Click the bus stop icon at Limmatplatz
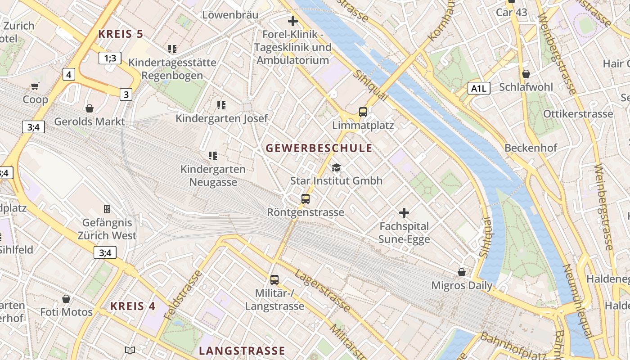coord(363,112)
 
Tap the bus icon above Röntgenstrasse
coord(306,198)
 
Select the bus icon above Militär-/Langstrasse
coord(274,279)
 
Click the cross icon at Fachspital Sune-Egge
coord(404,212)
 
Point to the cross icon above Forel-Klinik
coord(293,21)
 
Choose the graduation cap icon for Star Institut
coord(336,168)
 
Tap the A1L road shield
coord(478,88)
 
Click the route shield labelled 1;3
coord(110,58)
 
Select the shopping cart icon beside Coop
coord(35,86)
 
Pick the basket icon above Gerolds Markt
coord(90,108)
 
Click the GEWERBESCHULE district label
coord(319,148)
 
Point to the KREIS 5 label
coord(121,34)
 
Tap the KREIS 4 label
coord(133,306)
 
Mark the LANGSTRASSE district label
coord(242,351)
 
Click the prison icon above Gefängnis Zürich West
coord(107,209)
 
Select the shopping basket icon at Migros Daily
coord(462,272)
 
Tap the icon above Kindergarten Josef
coord(221,105)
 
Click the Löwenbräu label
coord(230,15)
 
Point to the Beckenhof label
coord(531,148)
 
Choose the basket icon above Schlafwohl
coord(526,73)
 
